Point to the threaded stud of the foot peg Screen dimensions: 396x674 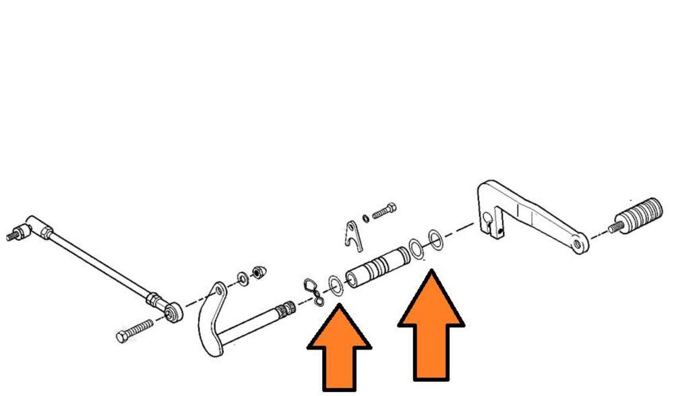[617, 227]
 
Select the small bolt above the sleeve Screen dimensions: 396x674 [383, 210]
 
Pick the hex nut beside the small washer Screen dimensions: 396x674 [257, 273]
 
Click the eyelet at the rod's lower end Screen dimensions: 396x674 [173, 311]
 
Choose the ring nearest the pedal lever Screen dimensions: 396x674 [435, 241]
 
